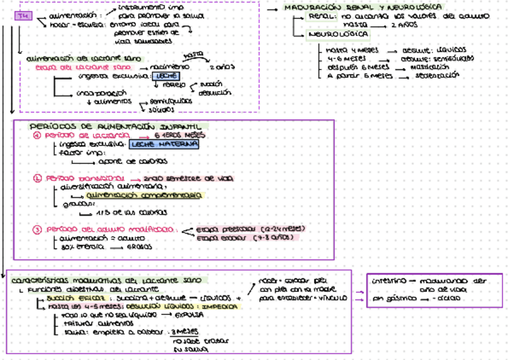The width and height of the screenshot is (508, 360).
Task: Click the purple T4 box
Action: pos(20,16)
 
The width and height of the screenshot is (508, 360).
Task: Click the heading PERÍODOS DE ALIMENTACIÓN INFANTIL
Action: pos(117,126)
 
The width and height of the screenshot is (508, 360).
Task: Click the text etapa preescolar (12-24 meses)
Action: pos(251,229)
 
